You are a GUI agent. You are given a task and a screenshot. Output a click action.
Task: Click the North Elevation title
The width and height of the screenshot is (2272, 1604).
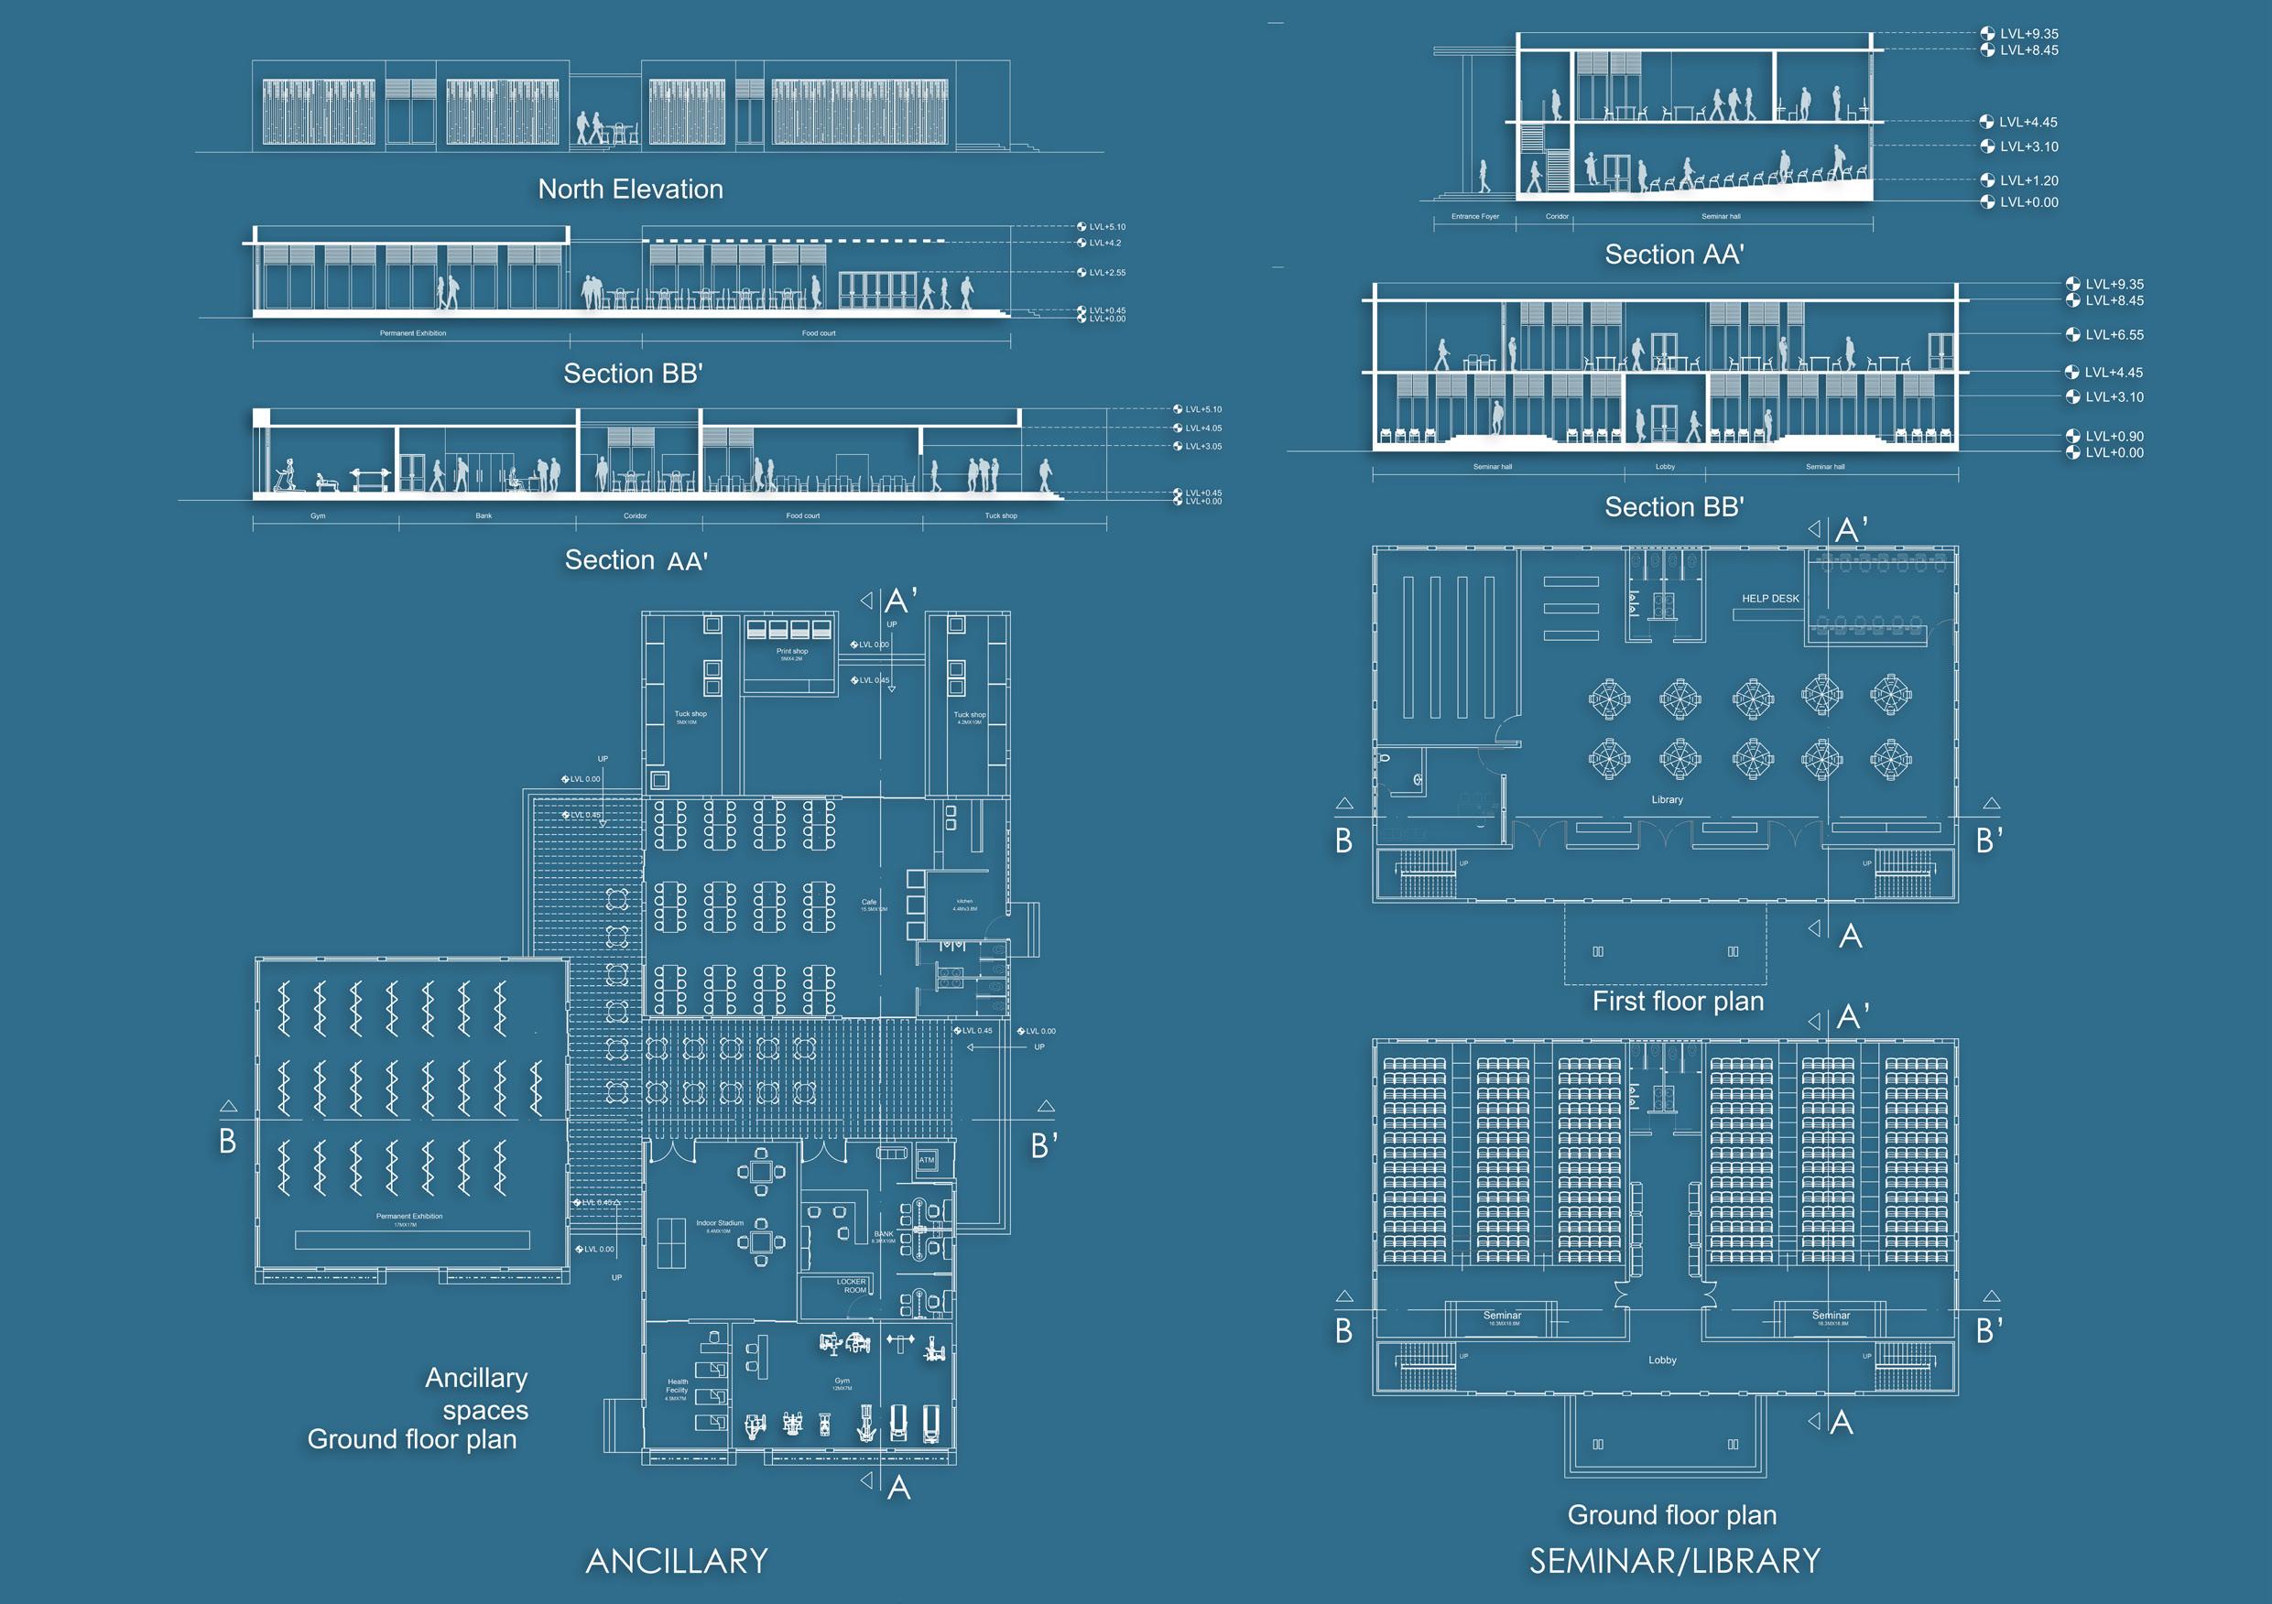tap(630, 189)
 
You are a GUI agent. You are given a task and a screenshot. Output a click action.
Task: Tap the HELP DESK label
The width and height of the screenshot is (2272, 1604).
tap(1770, 599)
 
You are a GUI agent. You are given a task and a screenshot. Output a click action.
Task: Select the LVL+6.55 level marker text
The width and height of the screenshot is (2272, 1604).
tap(2114, 335)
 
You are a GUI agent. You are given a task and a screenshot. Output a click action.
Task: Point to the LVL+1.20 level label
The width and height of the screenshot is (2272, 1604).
tap(2028, 181)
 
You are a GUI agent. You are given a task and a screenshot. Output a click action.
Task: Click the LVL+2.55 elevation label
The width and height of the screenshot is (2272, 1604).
tap(1106, 272)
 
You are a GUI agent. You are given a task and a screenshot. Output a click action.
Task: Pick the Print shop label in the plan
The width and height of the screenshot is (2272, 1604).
tap(791, 651)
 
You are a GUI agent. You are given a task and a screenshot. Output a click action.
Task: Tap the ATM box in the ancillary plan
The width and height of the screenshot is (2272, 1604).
tap(926, 1160)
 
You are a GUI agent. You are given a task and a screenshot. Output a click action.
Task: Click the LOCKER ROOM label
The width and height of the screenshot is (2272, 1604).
tap(851, 1285)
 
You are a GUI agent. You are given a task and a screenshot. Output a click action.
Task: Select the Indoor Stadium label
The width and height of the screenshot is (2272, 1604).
tap(720, 1223)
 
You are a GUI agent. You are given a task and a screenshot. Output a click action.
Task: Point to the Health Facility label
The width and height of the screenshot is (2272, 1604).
tap(677, 1386)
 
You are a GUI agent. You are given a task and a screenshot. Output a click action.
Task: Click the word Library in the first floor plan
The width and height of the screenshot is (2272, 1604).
tap(1667, 799)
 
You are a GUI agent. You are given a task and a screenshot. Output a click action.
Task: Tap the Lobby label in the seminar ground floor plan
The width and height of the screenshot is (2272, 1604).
tap(1662, 1360)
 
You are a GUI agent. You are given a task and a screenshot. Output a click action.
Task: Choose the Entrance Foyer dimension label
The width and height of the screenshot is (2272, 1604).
tap(1474, 217)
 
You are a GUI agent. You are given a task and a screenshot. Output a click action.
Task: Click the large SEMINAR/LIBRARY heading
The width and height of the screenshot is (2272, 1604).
tap(1674, 1562)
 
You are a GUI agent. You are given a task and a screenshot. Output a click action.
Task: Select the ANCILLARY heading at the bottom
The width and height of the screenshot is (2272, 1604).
tap(677, 1562)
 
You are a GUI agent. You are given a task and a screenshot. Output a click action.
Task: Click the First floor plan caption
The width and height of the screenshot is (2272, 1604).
tap(1678, 1002)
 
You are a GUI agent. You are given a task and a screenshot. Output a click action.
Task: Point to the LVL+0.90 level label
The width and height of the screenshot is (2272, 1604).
tap(2114, 437)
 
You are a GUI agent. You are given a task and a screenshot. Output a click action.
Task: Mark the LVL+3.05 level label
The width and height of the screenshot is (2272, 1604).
tap(1202, 446)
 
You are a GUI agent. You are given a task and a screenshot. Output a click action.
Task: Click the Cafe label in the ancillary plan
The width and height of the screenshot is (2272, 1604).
tap(869, 902)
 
